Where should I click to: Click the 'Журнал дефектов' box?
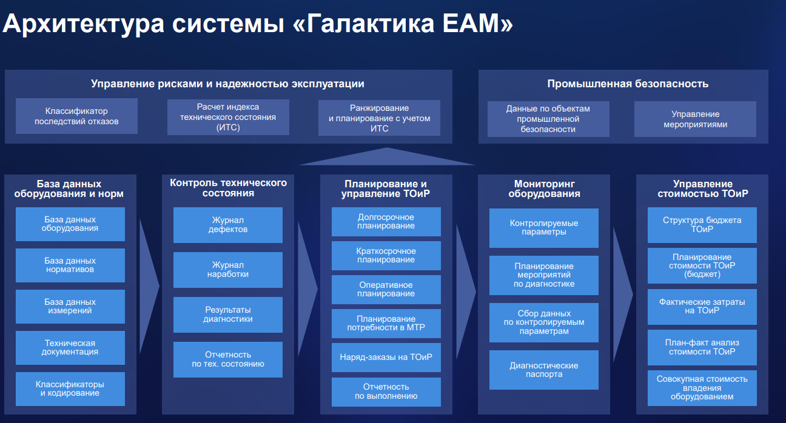point(228,225)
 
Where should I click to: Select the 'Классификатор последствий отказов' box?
point(76,116)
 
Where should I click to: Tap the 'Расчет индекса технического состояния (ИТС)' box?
point(228,117)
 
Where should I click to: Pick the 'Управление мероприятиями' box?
point(695,119)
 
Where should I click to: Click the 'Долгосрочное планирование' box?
point(386,221)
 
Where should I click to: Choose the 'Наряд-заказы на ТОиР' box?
point(386,357)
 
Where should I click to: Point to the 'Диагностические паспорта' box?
point(544,370)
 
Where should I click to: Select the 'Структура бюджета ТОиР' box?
point(702,224)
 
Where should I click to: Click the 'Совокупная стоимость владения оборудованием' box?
point(702,388)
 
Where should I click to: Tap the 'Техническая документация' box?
point(70,347)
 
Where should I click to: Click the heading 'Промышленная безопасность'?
point(628,84)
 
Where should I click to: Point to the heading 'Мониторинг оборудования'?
point(544,188)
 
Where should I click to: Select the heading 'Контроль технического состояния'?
point(228,188)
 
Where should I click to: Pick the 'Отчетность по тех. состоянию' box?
point(228,359)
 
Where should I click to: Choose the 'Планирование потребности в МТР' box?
point(386,323)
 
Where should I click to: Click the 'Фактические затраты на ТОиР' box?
point(702,306)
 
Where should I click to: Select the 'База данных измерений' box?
point(70,306)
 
